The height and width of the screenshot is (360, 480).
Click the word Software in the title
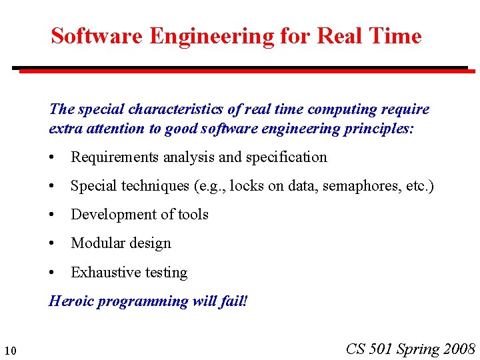[x=97, y=36]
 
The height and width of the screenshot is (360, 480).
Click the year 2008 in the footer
[x=458, y=349]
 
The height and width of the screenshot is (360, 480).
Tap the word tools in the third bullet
[x=193, y=215]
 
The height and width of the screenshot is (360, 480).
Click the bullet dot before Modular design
[x=52, y=243]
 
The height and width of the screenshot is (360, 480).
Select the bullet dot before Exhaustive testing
[x=52, y=272]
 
